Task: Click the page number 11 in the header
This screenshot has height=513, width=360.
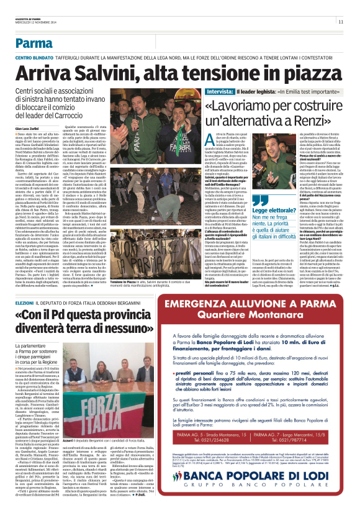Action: [x=341, y=21]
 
